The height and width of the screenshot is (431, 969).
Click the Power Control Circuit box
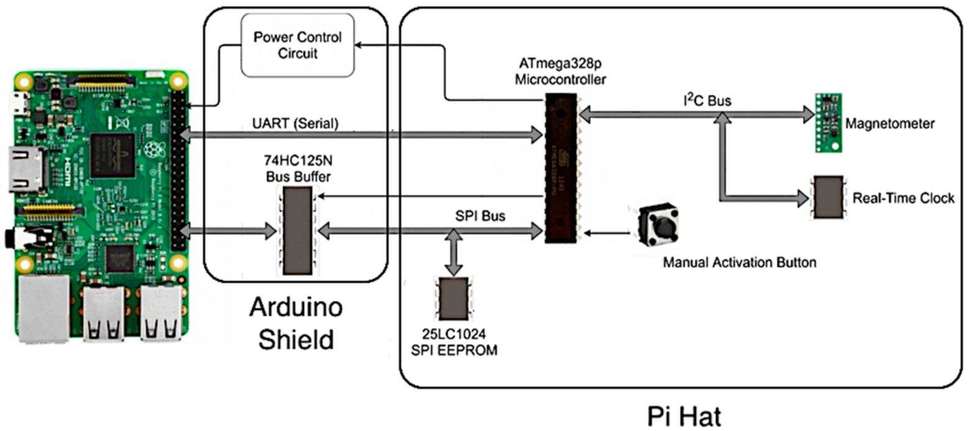[x=298, y=46]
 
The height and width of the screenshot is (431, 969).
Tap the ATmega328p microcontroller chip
[x=561, y=168]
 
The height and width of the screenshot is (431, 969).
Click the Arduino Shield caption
[x=296, y=323]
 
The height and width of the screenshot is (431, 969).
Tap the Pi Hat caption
[x=681, y=415]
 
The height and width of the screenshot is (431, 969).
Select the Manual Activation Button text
[x=739, y=263]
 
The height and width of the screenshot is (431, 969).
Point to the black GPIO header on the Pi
[x=181, y=168]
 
